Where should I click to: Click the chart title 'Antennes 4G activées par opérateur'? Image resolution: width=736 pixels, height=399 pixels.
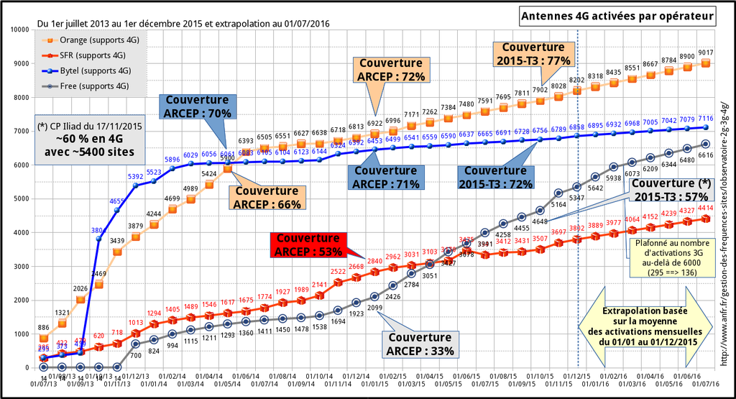coord(617,15)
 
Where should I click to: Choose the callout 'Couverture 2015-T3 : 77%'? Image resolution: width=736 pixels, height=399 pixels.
coord(533,54)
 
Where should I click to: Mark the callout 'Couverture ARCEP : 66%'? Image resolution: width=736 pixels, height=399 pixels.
coord(266,197)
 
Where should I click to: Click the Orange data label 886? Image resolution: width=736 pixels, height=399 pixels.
coord(43,327)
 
